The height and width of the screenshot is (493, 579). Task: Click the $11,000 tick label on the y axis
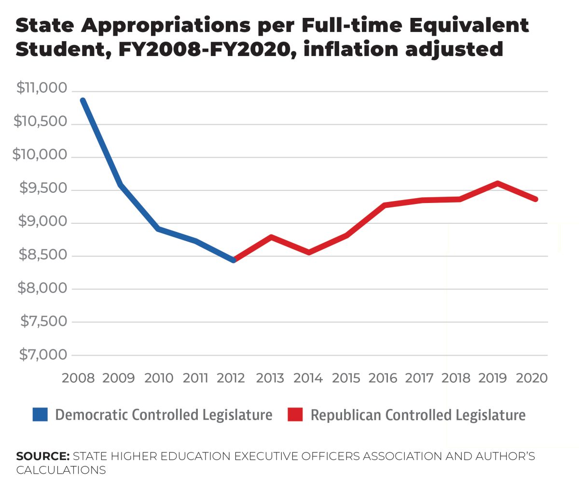41,88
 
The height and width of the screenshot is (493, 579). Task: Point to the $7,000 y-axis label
43,355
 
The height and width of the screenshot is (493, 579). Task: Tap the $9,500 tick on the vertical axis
43,188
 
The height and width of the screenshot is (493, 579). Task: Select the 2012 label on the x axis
231,378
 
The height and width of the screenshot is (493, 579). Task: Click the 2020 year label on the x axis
532,378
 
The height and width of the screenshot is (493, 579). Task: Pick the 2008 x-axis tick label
78,378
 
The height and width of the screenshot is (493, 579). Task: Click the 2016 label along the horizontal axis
383,378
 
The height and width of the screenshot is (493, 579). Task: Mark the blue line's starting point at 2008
83,101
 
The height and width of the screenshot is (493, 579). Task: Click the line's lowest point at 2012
234,260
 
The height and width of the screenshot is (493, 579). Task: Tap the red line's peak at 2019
497,183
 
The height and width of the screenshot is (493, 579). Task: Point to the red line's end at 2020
536,199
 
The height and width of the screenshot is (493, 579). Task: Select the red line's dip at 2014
308,252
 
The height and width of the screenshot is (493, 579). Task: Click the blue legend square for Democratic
40,415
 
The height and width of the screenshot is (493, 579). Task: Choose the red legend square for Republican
295,415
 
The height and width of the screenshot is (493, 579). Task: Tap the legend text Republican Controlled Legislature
418,415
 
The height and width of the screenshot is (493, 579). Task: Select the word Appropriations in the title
165,25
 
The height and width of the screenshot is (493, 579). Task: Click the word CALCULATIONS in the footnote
61,470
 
